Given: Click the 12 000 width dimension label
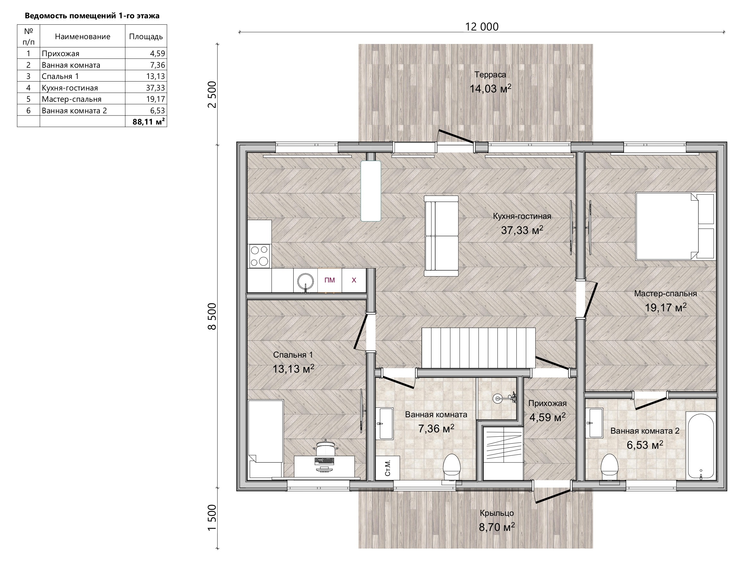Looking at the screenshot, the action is (482, 27).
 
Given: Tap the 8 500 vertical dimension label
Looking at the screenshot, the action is (212, 316).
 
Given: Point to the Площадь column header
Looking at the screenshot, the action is (146, 36).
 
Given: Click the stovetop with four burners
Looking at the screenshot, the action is (259, 256).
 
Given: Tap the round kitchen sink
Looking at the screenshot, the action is (306, 281).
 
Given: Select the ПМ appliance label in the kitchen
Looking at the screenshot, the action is (330, 280).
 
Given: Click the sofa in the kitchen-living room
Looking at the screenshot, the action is (442, 236).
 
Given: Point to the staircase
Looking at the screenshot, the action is (479, 349).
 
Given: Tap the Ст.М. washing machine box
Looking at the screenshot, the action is (388, 468).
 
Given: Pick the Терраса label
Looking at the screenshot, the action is (490, 75).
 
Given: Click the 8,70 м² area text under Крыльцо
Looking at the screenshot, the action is (497, 527).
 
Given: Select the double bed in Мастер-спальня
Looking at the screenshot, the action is (675, 226).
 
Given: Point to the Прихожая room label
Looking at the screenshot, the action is (547, 403).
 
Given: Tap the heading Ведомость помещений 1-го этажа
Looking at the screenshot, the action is (92, 16).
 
